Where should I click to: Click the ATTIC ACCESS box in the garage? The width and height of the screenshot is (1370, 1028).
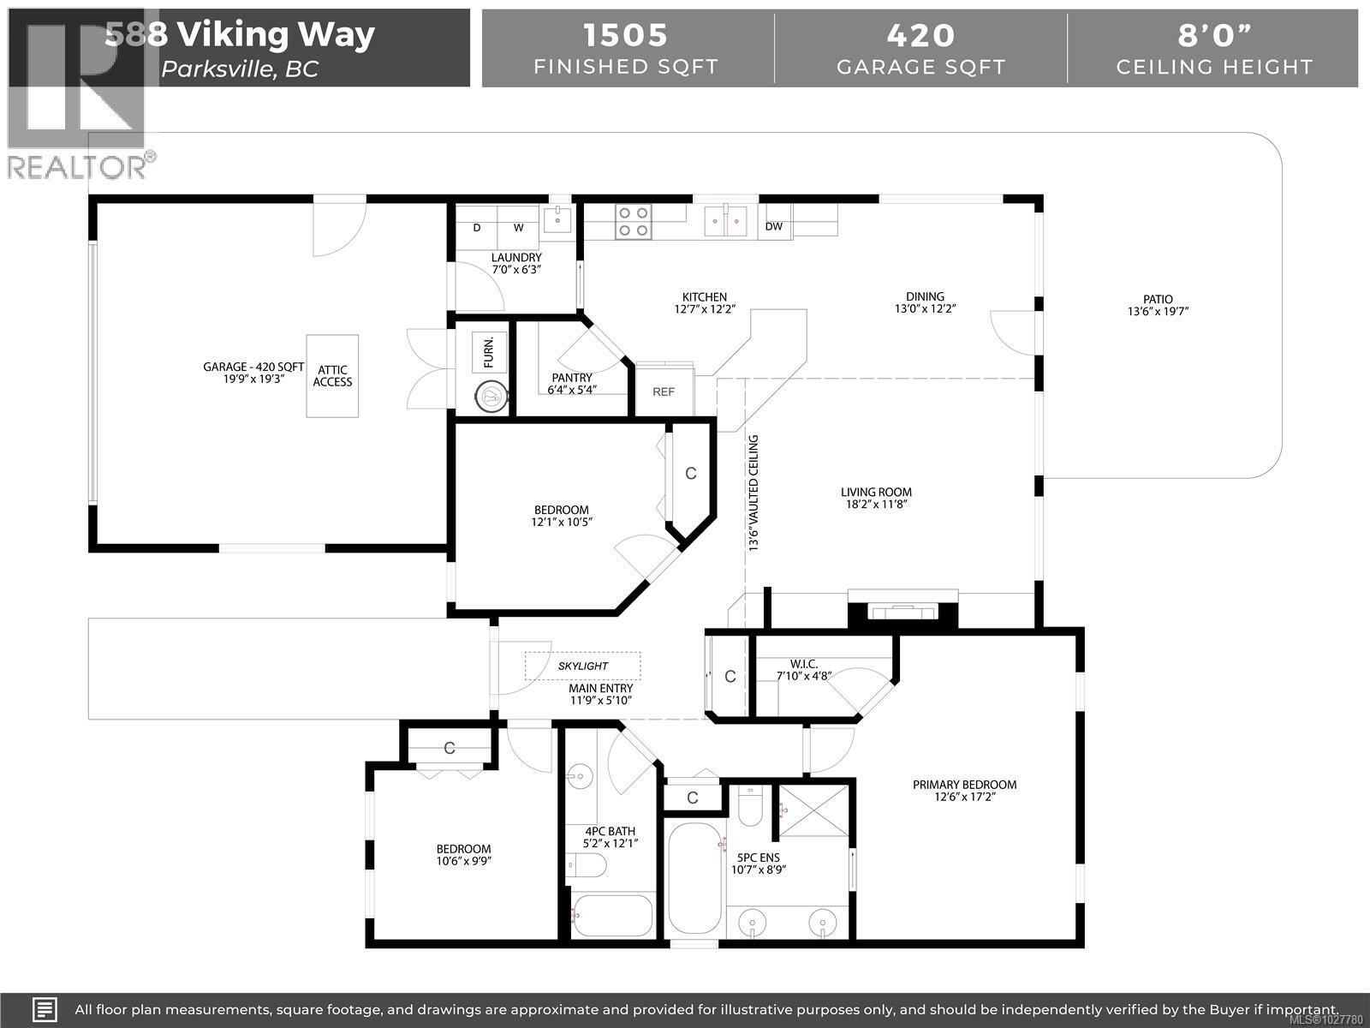click(x=332, y=376)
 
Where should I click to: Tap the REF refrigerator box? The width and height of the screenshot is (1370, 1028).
click(x=664, y=391)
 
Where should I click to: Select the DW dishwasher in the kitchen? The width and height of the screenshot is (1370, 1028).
click(x=774, y=227)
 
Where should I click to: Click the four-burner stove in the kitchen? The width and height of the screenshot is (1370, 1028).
click(x=634, y=222)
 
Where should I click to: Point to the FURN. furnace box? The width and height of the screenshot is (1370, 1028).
click(x=489, y=352)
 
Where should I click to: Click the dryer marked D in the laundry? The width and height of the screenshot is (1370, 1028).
click(x=477, y=228)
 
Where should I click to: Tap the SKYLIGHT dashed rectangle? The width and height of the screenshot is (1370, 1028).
click(x=582, y=666)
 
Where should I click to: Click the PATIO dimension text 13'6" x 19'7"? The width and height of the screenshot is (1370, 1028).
click(x=1158, y=312)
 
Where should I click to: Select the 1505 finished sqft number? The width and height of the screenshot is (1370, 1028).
click(x=625, y=35)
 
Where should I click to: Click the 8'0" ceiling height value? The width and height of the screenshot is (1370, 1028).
click(x=1213, y=35)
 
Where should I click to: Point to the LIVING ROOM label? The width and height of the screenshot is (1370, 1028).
click(x=875, y=492)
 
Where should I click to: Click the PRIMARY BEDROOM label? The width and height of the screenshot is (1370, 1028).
click(x=964, y=785)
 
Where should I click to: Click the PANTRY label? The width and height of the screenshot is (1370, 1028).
click(x=571, y=378)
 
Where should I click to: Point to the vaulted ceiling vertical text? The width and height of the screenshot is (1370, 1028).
click(x=754, y=493)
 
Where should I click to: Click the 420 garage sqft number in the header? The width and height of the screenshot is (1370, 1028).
click(x=920, y=35)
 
